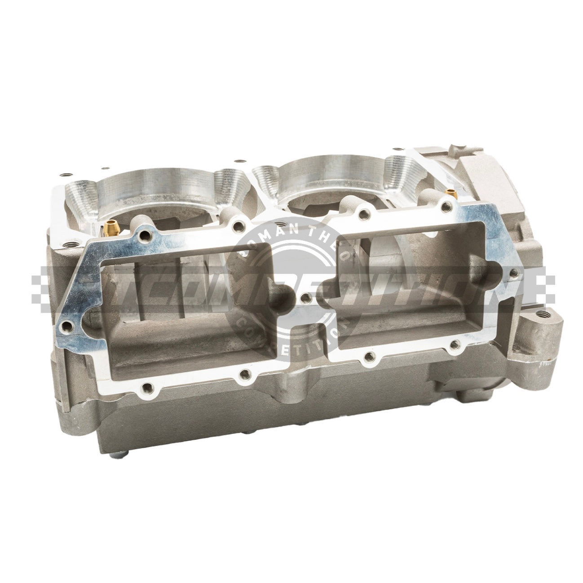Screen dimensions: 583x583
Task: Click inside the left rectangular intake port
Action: click(x=180, y=305)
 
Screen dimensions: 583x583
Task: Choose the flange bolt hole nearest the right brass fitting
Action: click(x=446, y=207)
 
